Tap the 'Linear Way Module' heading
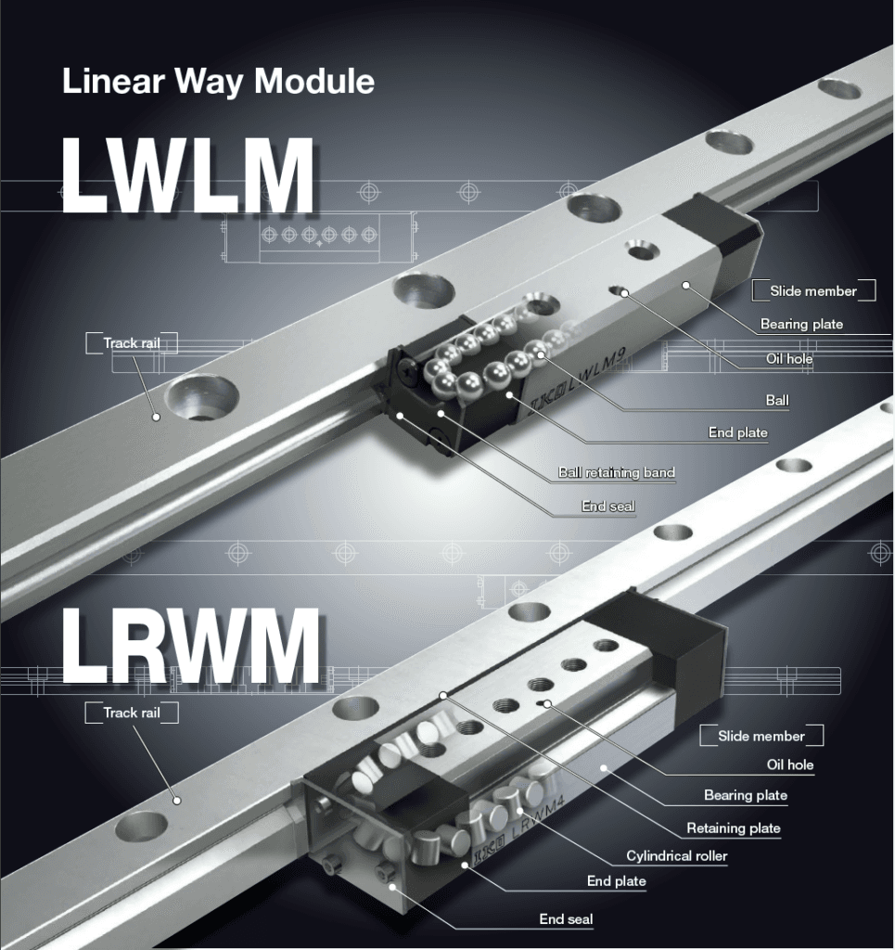coord(218,82)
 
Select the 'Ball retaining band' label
coord(616,472)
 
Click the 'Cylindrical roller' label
coord(676,855)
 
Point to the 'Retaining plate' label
coord(733,828)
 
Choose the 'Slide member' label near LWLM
coord(812,290)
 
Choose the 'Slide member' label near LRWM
coord(761,736)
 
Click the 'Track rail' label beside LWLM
coord(132,343)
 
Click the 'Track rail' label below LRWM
coord(132,712)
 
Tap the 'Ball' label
coord(777,401)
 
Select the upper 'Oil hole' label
coord(788,359)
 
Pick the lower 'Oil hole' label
coord(789,765)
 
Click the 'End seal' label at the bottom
coord(566,919)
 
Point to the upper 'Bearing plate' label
coord(801,325)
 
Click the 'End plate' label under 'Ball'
coord(737,432)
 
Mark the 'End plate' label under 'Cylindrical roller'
coord(616,880)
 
